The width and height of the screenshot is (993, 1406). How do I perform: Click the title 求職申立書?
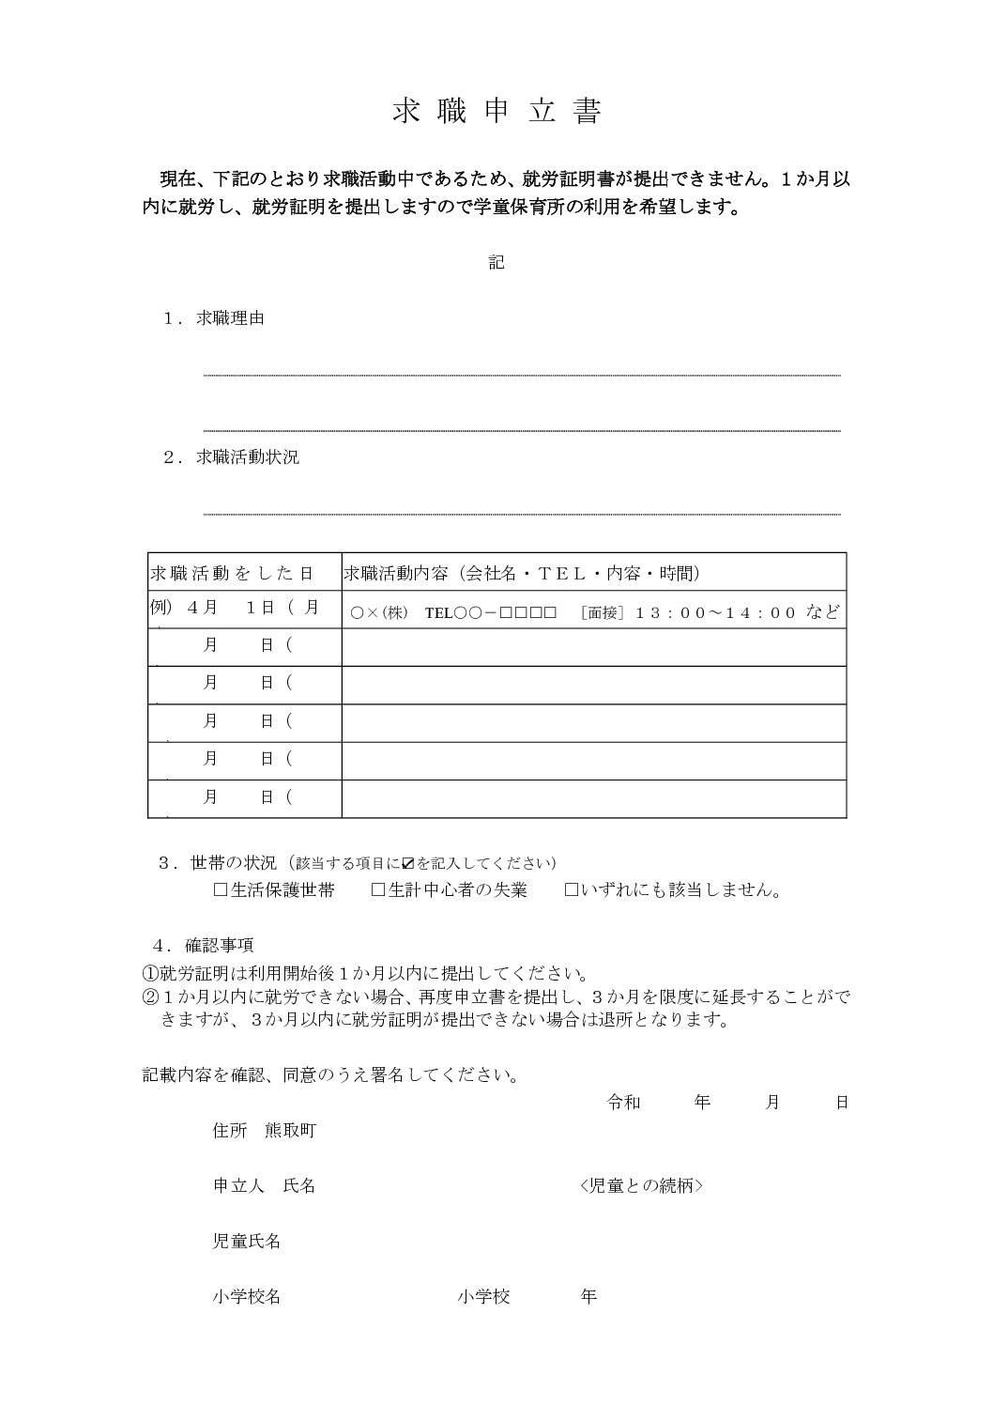496,112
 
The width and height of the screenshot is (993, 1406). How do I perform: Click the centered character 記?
496,263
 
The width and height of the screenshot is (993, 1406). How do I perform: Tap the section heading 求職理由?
230,318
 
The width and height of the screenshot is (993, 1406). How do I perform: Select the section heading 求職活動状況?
248,458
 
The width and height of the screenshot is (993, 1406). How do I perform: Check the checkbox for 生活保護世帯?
221,890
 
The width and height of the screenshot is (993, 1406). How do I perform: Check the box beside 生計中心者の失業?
378,890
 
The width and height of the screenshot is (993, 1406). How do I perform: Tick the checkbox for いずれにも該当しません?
571,890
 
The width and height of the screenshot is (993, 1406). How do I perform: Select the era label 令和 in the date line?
624,1103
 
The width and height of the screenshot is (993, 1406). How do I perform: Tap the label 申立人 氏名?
264,1186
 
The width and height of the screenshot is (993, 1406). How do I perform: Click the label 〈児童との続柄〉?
642,1186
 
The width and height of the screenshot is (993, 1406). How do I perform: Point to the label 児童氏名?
247,1242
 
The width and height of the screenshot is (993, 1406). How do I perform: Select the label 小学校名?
247,1297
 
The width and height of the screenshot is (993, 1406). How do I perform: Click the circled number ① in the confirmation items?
151,973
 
